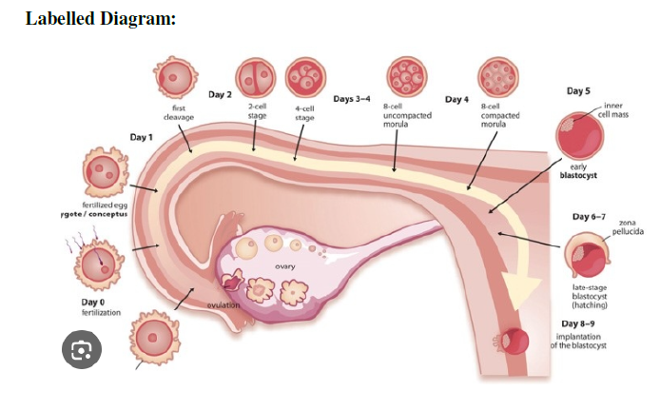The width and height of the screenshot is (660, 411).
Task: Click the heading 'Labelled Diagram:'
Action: coord(100,19)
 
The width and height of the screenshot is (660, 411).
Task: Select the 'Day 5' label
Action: coord(578,91)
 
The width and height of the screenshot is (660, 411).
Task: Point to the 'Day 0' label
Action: coord(92,302)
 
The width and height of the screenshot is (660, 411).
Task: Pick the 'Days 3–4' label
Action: coord(350,98)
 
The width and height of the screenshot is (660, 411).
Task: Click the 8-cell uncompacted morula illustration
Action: coord(406,74)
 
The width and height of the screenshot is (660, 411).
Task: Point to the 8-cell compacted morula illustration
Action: coord(498,74)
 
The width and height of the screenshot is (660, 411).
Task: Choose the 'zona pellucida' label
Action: coord(627,226)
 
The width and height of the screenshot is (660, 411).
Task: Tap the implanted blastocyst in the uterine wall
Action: coord(516,340)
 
